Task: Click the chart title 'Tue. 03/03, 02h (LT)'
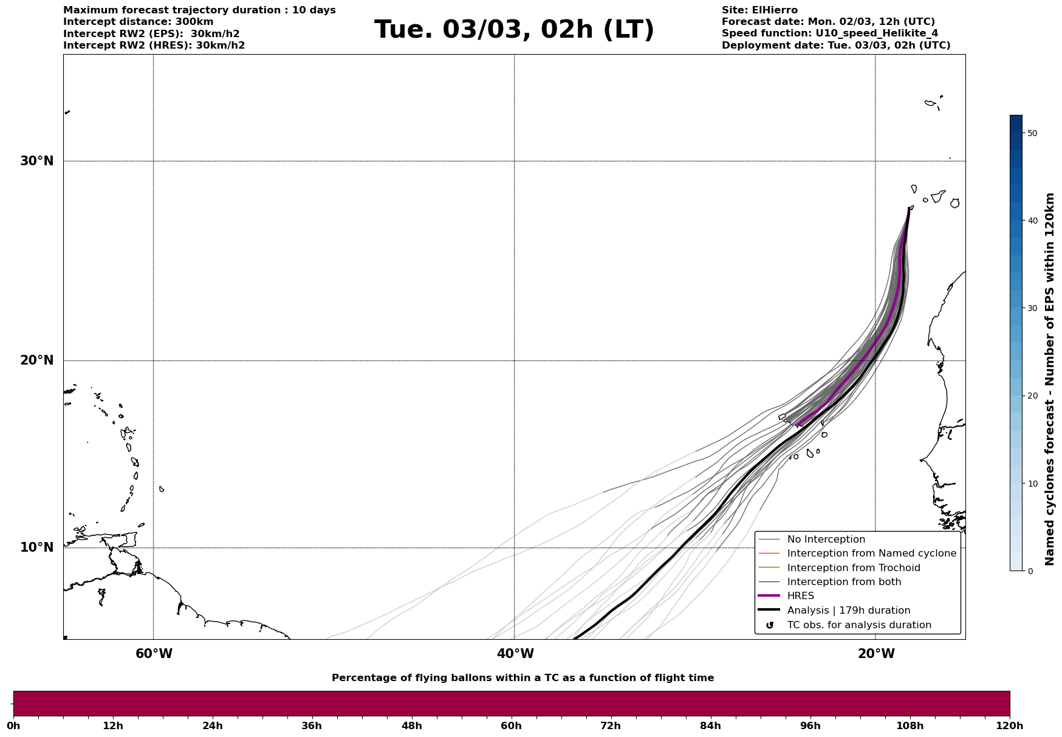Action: click(514, 30)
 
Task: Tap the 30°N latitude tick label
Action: click(37, 161)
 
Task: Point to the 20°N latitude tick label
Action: click(37, 360)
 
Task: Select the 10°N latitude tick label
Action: click(37, 547)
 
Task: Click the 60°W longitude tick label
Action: click(154, 654)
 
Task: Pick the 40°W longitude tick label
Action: click(515, 654)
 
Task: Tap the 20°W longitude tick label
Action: click(876, 654)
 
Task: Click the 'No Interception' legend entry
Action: click(826, 540)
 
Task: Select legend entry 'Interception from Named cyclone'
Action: click(871, 554)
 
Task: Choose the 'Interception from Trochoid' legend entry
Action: click(853, 568)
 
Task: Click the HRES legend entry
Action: click(800, 596)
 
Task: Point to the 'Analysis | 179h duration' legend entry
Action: click(848, 611)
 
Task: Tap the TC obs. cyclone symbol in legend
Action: click(770, 625)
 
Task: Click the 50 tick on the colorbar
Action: click(1032, 133)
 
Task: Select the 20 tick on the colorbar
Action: click(1032, 396)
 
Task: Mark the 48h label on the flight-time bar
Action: click(411, 726)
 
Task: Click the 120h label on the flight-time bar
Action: click(1009, 726)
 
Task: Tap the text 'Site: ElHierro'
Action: click(759, 10)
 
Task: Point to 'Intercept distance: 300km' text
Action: click(138, 22)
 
